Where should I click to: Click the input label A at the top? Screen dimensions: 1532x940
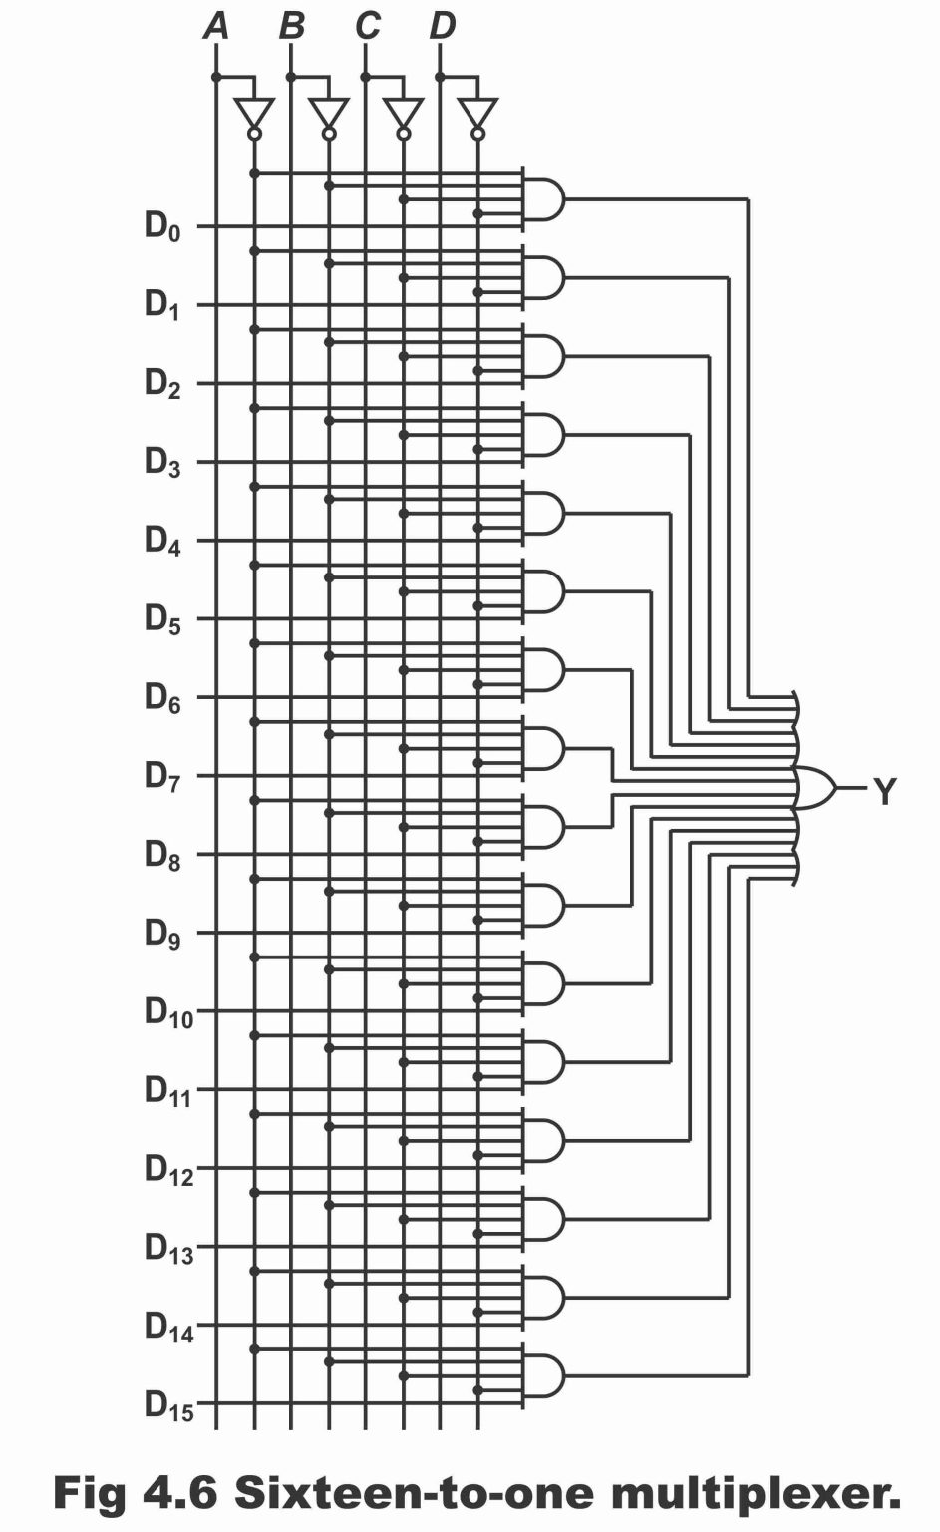pyautogui.click(x=216, y=26)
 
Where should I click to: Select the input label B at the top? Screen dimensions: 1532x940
pyautogui.click(x=291, y=26)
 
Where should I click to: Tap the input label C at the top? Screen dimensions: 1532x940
pyautogui.click(x=367, y=26)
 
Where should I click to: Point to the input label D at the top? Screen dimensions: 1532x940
pyautogui.click(x=442, y=26)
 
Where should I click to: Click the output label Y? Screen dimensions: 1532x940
pyautogui.click(x=884, y=792)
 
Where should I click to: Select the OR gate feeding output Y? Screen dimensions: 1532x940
pyautogui.click(x=815, y=788)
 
